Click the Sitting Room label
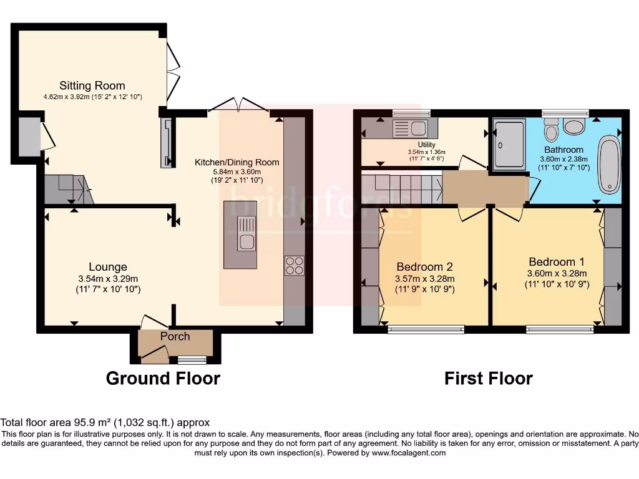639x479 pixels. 92,85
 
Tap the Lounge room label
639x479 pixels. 107,267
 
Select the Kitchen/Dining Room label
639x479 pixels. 237,162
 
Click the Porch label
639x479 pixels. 175,336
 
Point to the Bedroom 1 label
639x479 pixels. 557,261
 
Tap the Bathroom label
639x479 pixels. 563,150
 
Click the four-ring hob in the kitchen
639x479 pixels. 294,266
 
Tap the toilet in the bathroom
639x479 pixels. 551,130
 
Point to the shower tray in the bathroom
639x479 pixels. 509,145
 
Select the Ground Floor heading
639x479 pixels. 163,378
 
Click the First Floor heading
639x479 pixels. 488,378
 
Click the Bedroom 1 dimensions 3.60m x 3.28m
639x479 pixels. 557,273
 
